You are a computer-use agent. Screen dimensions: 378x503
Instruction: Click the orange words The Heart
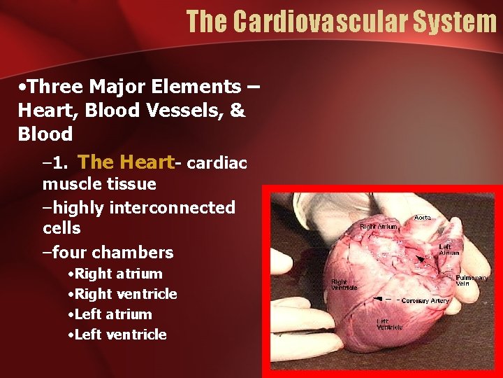125,162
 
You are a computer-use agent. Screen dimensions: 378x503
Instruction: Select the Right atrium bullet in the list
118,274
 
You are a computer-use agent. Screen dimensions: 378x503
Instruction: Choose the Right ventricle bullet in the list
126,294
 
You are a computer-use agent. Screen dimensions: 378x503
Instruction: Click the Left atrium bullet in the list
113,314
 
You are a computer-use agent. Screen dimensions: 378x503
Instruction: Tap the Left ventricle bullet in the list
120,335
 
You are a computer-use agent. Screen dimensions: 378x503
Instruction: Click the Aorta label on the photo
423,218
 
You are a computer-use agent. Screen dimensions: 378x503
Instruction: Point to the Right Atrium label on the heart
378,226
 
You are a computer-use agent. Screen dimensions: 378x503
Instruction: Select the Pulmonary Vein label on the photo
472,281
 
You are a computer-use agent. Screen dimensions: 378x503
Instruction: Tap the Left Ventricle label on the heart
390,324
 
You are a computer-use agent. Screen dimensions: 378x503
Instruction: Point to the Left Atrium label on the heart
449,249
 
